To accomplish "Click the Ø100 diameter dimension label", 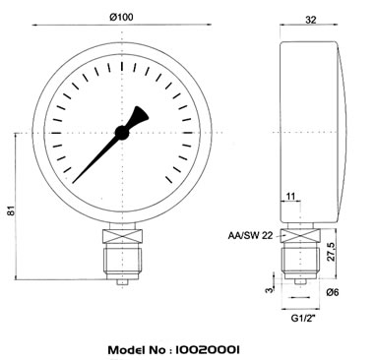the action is (x=122, y=17).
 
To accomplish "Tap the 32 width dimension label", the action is (x=311, y=20).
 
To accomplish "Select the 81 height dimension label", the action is (x=12, y=210).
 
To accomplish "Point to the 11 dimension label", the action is (x=290, y=197).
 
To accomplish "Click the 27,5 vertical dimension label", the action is (x=332, y=252).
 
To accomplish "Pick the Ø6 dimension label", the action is (x=333, y=292).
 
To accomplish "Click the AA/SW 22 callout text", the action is (x=250, y=235).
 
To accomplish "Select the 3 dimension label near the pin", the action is (x=270, y=290).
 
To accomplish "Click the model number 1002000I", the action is (x=208, y=350).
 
